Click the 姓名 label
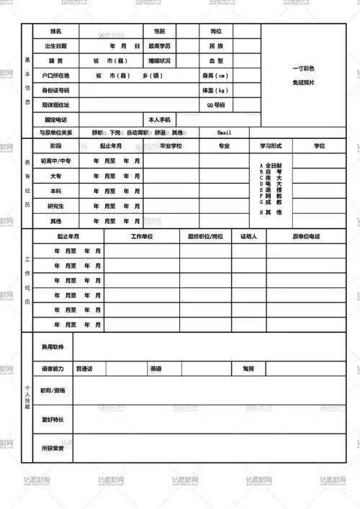pyautogui.click(x=56, y=32)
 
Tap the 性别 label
pyautogui.click(x=159, y=32)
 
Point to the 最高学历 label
pyautogui.click(x=159, y=46)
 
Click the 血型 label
pyautogui.click(x=216, y=61)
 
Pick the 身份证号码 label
pyautogui.click(x=56, y=91)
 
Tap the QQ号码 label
pyautogui.click(x=216, y=105)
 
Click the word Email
pyautogui.click(x=225, y=132)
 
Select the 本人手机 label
pyautogui.click(x=159, y=120)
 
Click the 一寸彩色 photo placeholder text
pyautogui.click(x=303, y=68)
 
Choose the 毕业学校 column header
pyautogui.click(x=171, y=146)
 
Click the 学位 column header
pyautogui.click(x=320, y=146)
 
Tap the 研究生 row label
pyautogui.click(x=56, y=206)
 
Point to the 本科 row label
pyautogui.click(x=56, y=192)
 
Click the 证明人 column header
pyautogui.click(x=249, y=236)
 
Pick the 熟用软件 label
pyautogui.click(x=53, y=347)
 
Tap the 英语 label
pyautogui.click(x=156, y=369)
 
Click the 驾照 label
pyautogui.click(x=248, y=369)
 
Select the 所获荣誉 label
pyautogui.click(x=53, y=449)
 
